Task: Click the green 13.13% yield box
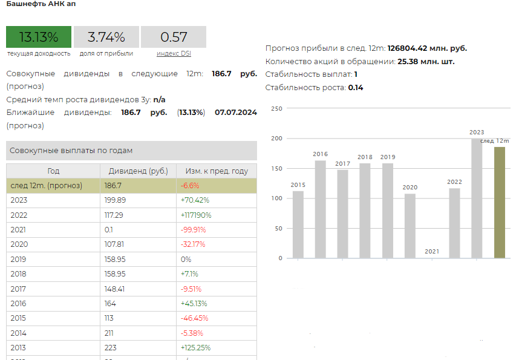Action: coord(39,37)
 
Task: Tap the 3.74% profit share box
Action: coord(106,37)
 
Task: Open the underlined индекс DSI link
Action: coord(174,54)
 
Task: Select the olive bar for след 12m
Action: coord(500,203)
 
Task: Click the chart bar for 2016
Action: coord(320,209)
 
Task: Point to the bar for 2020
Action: coord(410,226)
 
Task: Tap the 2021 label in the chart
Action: coord(432,252)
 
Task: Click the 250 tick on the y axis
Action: coord(276,108)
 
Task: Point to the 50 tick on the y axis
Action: coord(279,229)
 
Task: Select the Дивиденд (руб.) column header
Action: coord(138,171)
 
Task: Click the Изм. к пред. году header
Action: coord(217,171)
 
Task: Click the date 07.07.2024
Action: coord(236,113)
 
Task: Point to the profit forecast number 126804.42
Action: coord(407,48)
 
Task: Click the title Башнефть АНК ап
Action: coord(41,4)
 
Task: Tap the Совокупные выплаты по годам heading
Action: coord(71,151)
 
